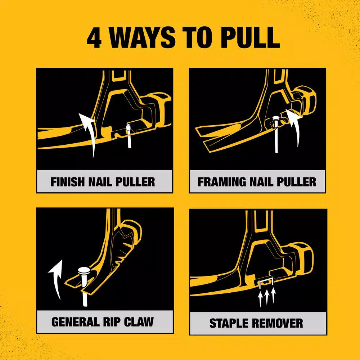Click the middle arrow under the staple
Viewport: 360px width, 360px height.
pyautogui.click(x=266, y=297)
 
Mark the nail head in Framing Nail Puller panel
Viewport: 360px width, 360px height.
pyautogui.click(x=276, y=119)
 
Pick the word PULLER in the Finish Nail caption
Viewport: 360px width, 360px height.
pyautogui.click(x=135, y=182)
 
